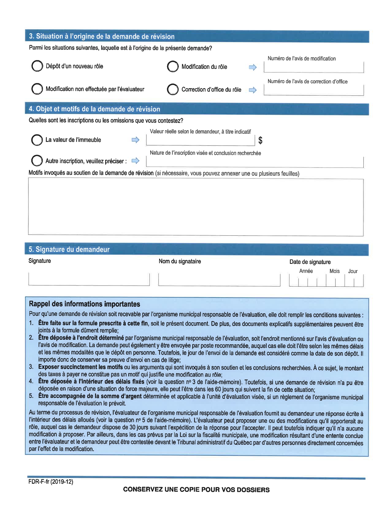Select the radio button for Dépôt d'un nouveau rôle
[x=37, y=66]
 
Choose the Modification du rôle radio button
[x=173, y=66]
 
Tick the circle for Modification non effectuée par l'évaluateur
[x=37, y=89]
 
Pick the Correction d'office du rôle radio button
[x=173, y=90]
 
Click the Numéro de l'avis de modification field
[x=313, y=67]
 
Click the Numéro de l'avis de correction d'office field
[x=313, y=90]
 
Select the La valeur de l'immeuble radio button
[x=37, y=140]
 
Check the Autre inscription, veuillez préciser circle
[x=37, y=161]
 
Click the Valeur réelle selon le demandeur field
[x=200, y=140]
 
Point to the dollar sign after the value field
[x=260, y=140]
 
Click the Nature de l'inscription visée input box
[x=255, y=162]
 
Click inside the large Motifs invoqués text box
[x=196, y=207]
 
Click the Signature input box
[x=89, y=279]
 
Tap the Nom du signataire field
[x=219, y=280]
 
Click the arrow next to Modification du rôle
[x=253, y=67]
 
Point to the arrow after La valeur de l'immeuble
[x=136, y=140]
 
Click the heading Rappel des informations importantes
[x=84, y=304]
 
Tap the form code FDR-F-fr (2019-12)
[x=51, y=481]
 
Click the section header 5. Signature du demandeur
[x=69, y=249]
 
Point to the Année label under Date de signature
[x=306, y=271]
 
